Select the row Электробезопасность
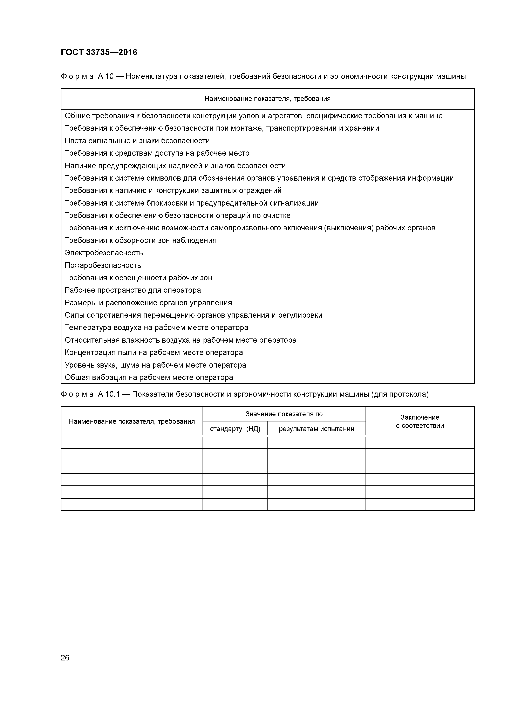104,253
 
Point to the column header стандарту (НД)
235,429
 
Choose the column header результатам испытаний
316,429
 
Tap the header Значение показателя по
284,414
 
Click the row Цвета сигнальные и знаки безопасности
137,141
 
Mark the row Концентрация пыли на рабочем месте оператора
154,353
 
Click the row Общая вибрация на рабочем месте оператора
149,377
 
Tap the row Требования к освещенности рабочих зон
138,278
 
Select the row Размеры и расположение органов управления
148,303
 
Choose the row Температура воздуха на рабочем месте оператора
156,328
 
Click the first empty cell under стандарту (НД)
235,442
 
